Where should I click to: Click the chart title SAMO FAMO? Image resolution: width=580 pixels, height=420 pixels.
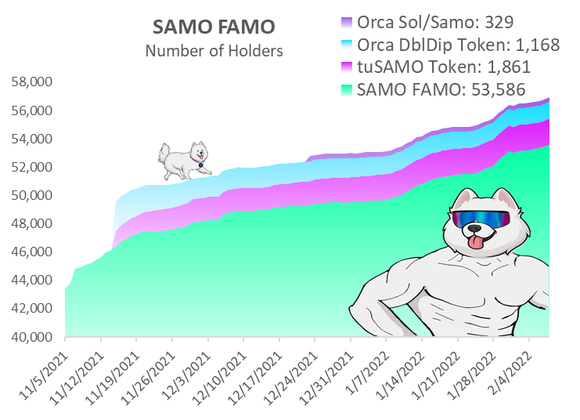tap(213, 27)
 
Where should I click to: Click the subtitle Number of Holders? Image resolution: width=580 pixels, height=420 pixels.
tap(213, 52)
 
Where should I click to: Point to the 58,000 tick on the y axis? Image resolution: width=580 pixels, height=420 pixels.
tap(33, 82)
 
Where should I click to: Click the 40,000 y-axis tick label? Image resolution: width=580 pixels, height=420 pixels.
tap(33, 337)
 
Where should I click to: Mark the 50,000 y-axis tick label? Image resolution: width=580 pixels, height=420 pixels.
tap(33, 195)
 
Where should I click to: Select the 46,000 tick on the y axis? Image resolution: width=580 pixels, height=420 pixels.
tap(33, 252)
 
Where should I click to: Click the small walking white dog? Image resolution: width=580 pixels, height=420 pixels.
tap(185, 159)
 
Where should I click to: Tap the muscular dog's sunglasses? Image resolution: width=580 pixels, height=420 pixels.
tap(480, 217)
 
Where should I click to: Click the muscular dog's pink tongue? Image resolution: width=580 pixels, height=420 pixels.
tap(475, 244)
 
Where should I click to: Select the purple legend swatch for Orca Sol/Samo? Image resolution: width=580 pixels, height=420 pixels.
tap(348, 22)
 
